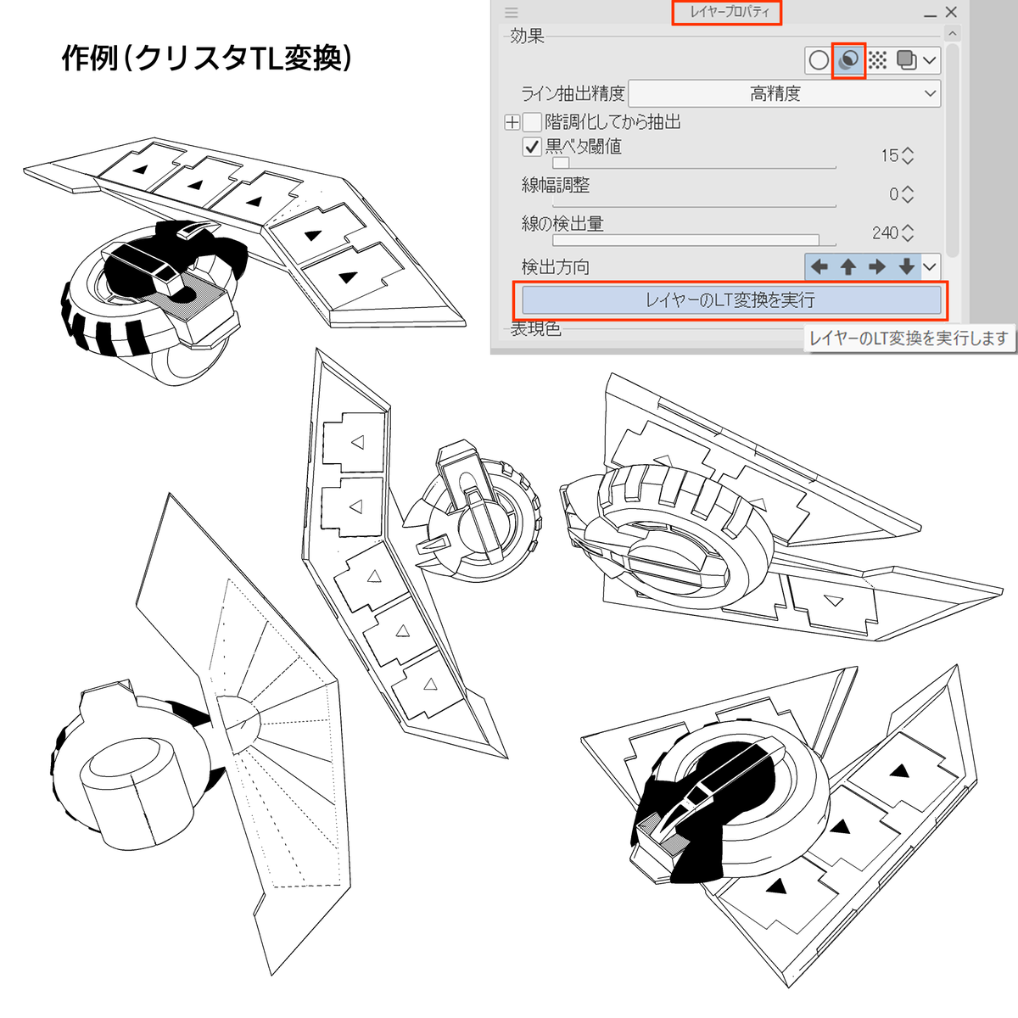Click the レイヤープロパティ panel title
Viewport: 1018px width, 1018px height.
[x=727, y=13]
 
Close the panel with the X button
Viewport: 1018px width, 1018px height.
[x=951, y=13]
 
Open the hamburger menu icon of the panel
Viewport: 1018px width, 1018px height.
[x=511, y=13]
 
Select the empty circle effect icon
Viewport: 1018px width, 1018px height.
[x=819, y=60]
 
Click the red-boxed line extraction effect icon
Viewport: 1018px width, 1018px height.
[x=848, y=60]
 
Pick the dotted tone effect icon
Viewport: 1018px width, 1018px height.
[x=877, y=60]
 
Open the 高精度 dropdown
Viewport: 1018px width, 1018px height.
[x=786, y=93]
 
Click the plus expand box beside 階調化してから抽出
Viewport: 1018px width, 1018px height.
[x=512, y=122]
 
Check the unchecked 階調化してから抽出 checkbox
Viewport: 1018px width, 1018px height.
[x=532, y=122]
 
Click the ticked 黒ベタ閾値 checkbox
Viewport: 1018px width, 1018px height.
[x=532, y=147]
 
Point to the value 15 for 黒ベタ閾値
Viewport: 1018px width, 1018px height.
[x=889, y=156]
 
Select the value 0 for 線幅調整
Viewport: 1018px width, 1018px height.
[x=893, y=194]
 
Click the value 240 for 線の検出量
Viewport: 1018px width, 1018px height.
[x=885, y=232]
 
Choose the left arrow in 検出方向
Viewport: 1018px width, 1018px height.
[x=819, y=267]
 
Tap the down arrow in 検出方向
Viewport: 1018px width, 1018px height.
[x=906, y=267]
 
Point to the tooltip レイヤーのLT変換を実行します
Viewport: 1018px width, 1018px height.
[x=909, y=338]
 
